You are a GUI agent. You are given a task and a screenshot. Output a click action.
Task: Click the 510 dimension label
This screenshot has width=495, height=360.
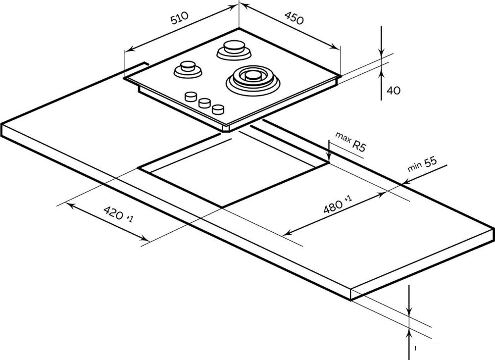(179, 18)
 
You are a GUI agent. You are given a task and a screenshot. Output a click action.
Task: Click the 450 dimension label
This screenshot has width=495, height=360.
(294, 18)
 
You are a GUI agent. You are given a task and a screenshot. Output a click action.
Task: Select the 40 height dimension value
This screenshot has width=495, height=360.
(394, 91)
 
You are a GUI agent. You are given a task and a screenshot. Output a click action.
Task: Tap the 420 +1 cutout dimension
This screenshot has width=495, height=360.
(118, 214)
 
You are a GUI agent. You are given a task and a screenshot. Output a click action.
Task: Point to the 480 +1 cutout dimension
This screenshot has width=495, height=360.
(337, 205)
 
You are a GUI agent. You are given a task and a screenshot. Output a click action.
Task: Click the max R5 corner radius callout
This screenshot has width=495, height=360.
(350, 142)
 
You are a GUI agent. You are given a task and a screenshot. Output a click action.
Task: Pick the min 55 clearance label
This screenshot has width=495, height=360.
(422, 164)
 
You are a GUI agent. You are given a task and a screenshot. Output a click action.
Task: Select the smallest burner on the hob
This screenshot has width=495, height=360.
(188, 69)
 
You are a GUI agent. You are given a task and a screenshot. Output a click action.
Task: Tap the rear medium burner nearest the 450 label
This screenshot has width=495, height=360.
(234, 50)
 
